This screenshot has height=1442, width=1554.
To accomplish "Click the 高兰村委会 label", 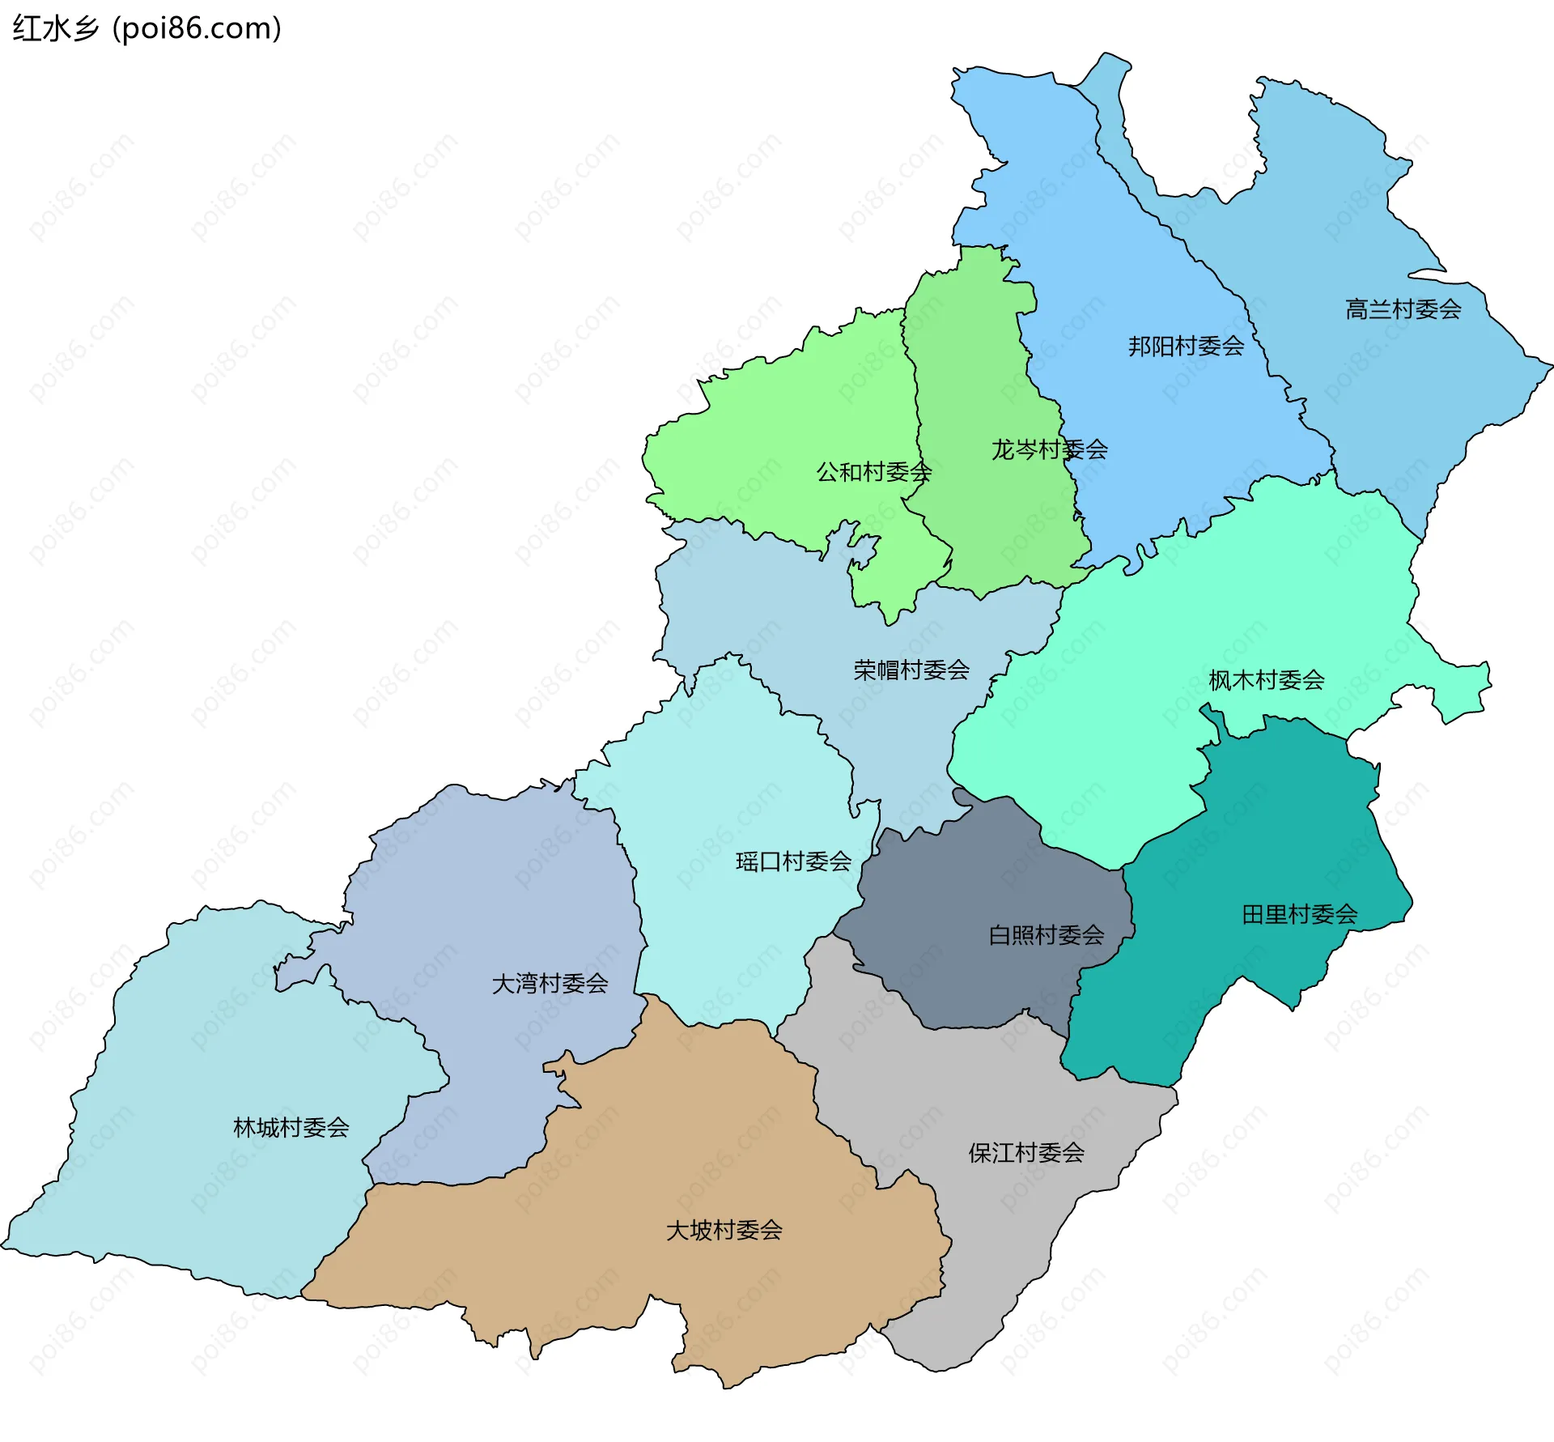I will click(x=1403, y=309).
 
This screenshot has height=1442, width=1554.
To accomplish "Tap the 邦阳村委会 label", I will click(x=1186, y=347).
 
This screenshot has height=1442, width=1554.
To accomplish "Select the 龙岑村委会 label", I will click(x=1049, y=449).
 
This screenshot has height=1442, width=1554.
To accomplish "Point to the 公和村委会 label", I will click(x=873, y=472).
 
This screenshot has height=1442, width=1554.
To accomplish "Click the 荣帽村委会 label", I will click(x=911, y=670).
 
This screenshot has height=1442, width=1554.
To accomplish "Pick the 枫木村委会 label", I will click(x=1266, y=680).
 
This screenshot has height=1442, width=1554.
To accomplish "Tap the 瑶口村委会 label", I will click(x=793, y=861).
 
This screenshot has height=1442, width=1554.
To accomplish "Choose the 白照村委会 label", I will click(x=1046, y=936).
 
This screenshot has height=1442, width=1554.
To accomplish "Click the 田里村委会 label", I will click(x=1299, y=915).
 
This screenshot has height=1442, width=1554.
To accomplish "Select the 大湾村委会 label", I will click(x=550, y=984).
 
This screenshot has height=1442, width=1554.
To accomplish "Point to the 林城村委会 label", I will click(x=291, y=1128).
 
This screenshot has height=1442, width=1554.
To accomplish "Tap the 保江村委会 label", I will click(x=1026, y=1153).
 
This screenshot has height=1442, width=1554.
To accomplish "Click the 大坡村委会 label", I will click(x=724, y=1231).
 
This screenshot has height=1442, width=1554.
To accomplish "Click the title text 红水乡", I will click(x=55, y=28).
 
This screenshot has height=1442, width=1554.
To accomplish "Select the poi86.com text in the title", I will click(x=197, y=28).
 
